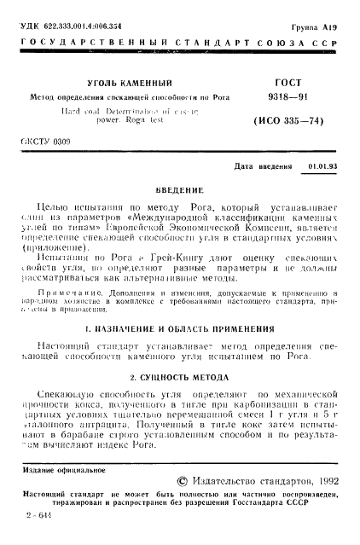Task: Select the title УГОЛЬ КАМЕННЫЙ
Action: click(128, 84)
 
